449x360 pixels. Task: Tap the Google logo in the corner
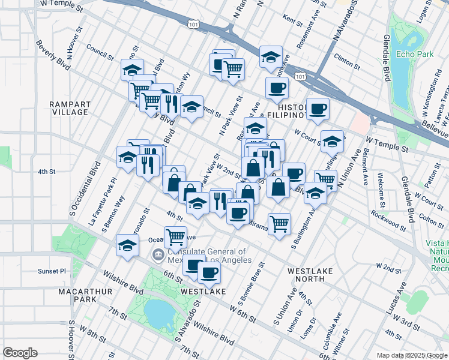click(x=20, y=353)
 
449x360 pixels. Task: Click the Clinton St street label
click(x=346, y=60)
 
